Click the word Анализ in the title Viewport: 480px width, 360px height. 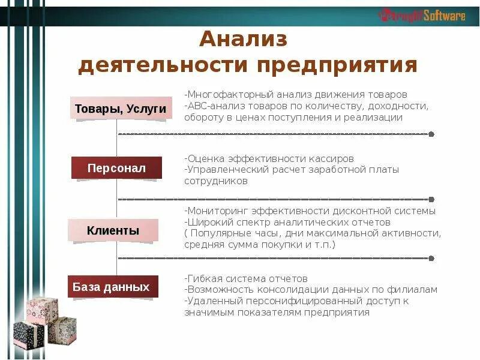(244, 40)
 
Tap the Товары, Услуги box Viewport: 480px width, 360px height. (121, 109)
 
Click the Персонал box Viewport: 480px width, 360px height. (116, 168)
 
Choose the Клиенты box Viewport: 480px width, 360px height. (113, 230)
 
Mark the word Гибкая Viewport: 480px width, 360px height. (202, 278)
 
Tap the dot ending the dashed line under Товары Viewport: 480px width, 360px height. (431, 134)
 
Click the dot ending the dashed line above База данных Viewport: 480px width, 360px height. (431, 258)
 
